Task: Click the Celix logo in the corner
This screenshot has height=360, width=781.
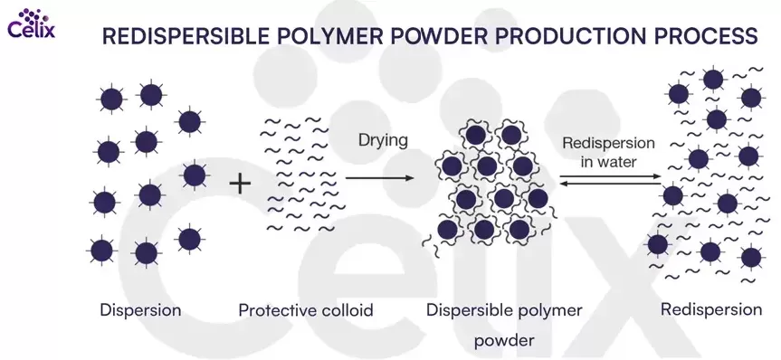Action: pos(32,24)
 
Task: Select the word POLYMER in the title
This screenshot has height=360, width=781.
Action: pos(329,36)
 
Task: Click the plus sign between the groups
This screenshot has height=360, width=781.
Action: pos(240,184)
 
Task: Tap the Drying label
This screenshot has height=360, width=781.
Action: pos(383,141)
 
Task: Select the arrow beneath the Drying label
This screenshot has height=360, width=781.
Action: pos(379,178)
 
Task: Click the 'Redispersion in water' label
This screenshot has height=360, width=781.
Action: pos(608,152)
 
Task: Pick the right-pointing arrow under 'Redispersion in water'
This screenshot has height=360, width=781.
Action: pos(610,176)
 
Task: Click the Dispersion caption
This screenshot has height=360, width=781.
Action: pos(140,310)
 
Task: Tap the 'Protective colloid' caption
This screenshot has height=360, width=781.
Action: pos(306,311)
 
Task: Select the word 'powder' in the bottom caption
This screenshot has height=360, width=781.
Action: pos(504,341)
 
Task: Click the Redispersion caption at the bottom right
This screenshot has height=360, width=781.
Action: pos(711,309)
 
